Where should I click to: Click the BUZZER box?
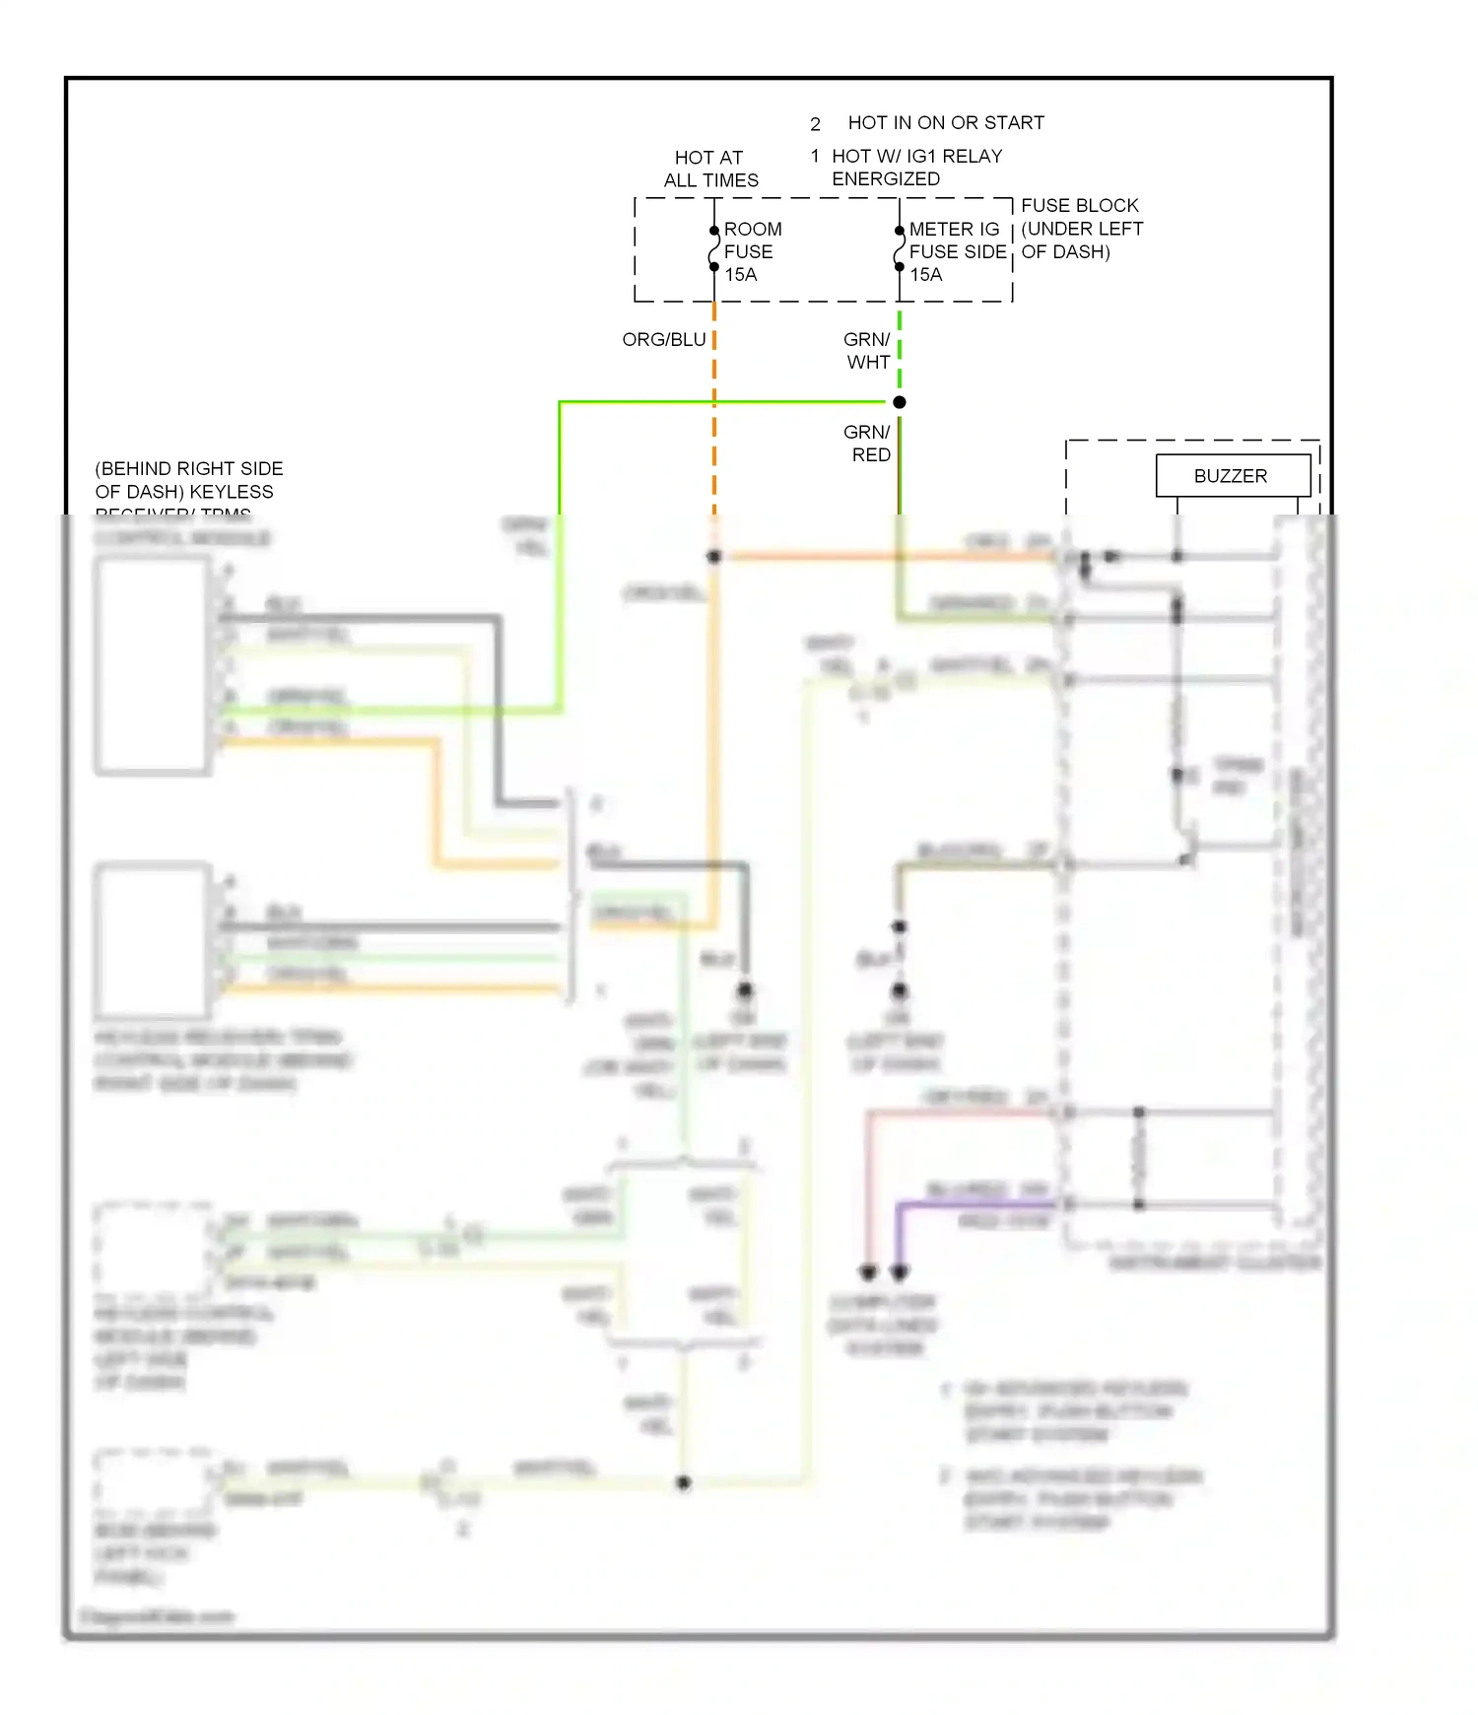pyautogui.click(x=1232, y=476)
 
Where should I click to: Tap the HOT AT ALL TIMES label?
pyautogui.click(x=710, y=169)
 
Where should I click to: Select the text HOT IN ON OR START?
pyautogui.click(x=946, y=123)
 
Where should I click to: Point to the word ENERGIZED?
pyautogui.click(x=886, y=179)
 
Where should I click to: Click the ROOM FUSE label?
pyautogui.click(x=753, y=240)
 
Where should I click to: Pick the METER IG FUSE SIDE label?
pyautogui.click(x=957, y=240)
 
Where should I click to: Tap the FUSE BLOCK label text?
pyautogui.click(x=1080, y=206)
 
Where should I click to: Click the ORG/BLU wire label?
pyautogui.click(x=664, y=340)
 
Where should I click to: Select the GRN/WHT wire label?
pyautogui.click(x=867, y=351)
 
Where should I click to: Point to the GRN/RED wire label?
pyautogui.click(x=868, y=444)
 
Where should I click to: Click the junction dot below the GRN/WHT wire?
pyautogui.click(x=900, y=402)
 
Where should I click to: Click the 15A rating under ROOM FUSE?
pyautogui.click(x=741, y=275)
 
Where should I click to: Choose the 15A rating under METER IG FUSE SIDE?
pyautogui.click(x=926, y=275)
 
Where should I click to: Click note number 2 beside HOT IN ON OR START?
pyautogui.click(x=816, y=124)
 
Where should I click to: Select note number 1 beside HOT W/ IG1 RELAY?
pyautogui.click(x=815, y=156)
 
